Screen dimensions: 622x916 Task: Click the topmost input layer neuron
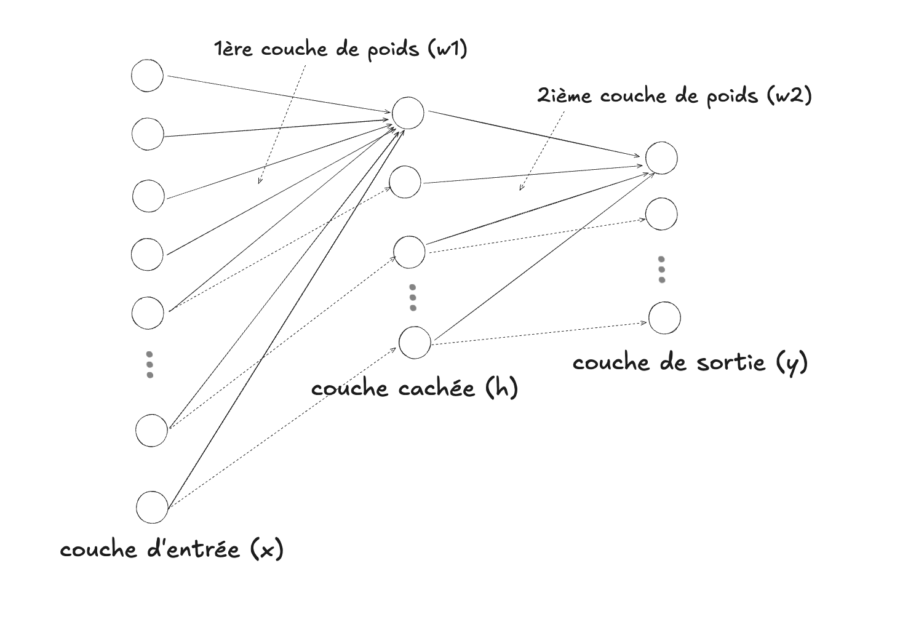coord(148,76)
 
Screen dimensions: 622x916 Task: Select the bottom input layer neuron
coord(152,508)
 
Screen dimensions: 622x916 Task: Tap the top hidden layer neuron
coord(408,113)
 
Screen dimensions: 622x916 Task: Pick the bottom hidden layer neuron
coord(415,343)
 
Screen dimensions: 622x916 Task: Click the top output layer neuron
coord(661,157)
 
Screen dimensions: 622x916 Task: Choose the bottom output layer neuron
coord(664,318)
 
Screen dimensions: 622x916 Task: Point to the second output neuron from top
coord(661,214)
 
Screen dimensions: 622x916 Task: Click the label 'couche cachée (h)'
coord(414,389)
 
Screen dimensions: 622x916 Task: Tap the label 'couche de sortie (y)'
coord(690,362)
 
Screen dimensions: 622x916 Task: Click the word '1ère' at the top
coord(233,49)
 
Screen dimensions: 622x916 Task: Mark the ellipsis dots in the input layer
coord(149,364)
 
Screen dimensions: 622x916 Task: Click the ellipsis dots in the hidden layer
coord(413,297)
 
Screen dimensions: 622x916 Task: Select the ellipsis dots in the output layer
coord(662,269)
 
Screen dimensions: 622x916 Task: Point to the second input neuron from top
coord(148,134)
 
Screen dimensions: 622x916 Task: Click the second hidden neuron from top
coord(405,182)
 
